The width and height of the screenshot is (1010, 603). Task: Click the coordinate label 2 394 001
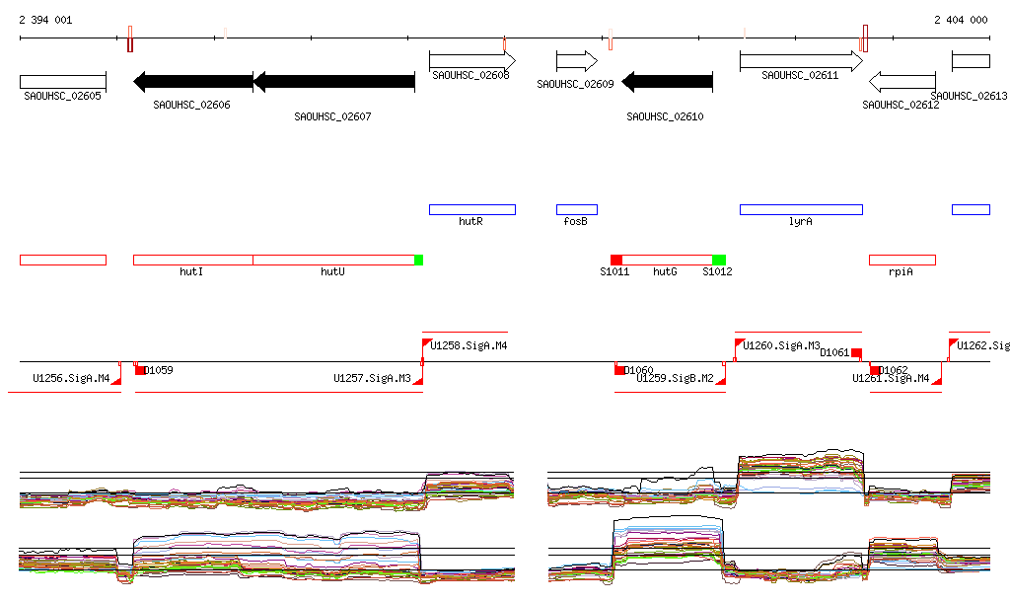click(44, 20)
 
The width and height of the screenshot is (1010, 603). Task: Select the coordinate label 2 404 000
click(961, 20)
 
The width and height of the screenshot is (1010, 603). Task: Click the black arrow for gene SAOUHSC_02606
click(193, 81)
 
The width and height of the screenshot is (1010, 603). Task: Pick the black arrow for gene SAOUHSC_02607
click(334, 81)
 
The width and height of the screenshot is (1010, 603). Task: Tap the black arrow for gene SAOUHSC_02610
click(668, 81)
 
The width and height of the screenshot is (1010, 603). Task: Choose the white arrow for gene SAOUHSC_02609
click(577, 61)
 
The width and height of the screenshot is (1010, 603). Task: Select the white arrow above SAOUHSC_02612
click(902, 81)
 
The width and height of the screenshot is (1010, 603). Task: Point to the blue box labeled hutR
click(471, 209)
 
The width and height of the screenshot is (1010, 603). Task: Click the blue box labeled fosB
click(576, 209)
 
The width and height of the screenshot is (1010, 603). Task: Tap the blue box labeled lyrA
click(801, 209)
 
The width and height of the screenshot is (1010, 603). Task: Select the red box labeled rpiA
click(902, 260)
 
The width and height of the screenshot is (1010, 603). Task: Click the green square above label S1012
click(719, 260)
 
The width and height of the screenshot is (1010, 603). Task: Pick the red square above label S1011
click(616, 260)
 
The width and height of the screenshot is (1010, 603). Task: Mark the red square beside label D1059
click(140, 370)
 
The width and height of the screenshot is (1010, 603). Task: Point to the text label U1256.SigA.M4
click(71, 378)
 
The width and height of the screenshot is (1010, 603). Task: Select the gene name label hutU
click(332, 271)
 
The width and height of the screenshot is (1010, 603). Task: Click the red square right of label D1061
click(856, 353)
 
